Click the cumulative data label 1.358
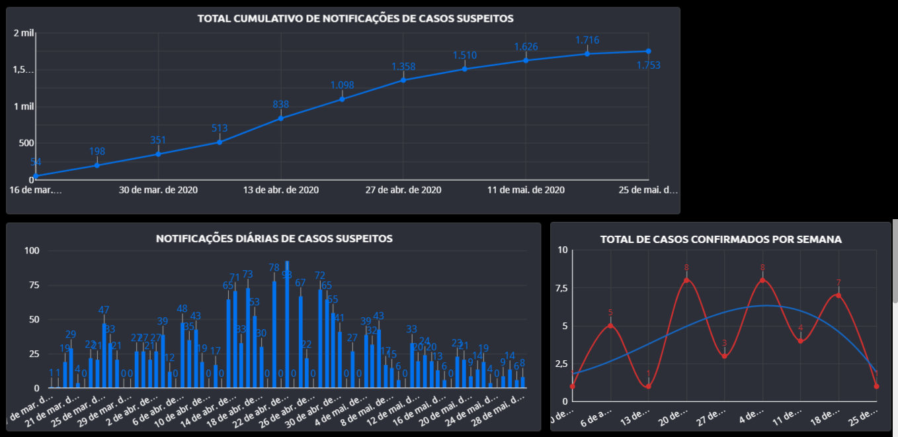pos(403,67)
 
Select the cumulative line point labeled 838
pos(281,119)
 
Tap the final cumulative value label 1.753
pos(648,65)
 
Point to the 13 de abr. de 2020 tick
pos(281,190)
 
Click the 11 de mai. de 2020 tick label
pos(526,190)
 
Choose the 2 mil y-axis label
pos(23,34)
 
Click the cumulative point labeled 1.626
pos(526,60)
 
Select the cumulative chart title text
pos(355,19)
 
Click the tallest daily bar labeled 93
pos(287,324)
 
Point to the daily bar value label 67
pos(300,283)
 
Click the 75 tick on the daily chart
pos(32,285)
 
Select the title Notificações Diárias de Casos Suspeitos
pos(274,238)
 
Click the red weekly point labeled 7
pos(838,295)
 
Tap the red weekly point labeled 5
pos(610,325)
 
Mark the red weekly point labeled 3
pos(725,356)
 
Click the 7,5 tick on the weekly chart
pos(562,288)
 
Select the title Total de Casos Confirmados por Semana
pos(721,239)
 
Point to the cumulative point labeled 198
pos(97,165)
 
